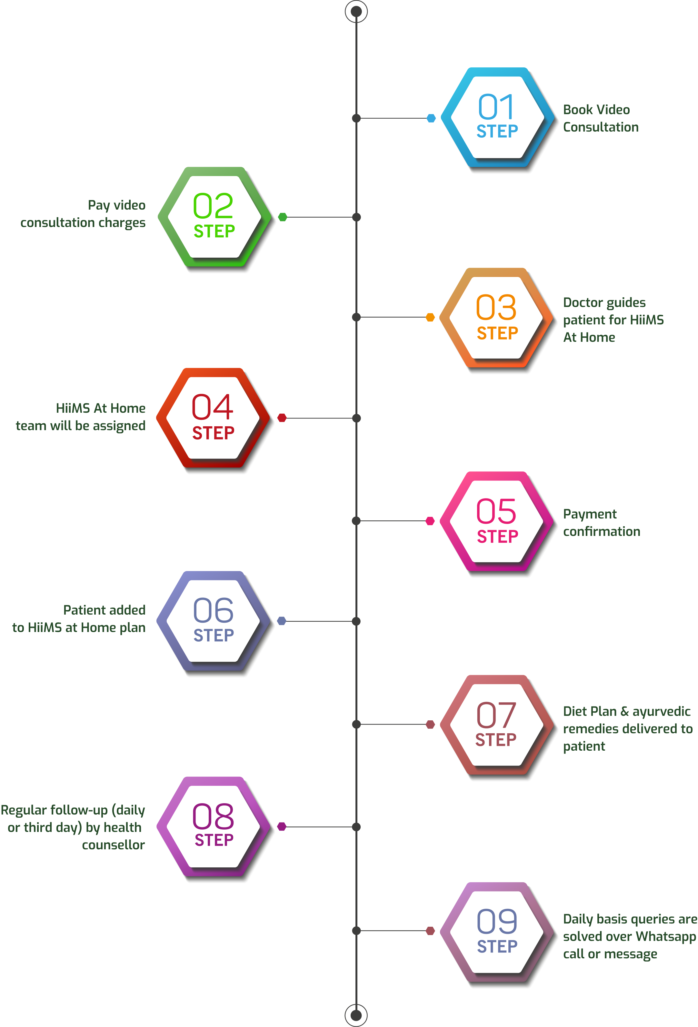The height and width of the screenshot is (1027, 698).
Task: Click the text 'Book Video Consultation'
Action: pyautogui.click(x=600, y=118)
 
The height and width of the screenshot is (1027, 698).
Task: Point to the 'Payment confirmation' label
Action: pyautogui.click(x=601, y=523)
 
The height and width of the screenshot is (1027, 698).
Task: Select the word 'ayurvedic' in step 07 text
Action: pyautogui.click(x=661, y=711)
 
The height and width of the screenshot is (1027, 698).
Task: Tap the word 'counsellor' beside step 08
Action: pyautogui.click(x=113, y=845)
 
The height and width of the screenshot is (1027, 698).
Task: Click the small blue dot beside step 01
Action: pyautogui.click(x=431, y=118)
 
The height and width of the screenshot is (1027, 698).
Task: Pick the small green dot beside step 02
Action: pyautogui.click(x=283, y=217)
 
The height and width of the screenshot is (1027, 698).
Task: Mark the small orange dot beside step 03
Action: pyautogui.click(x=430, y=317)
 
